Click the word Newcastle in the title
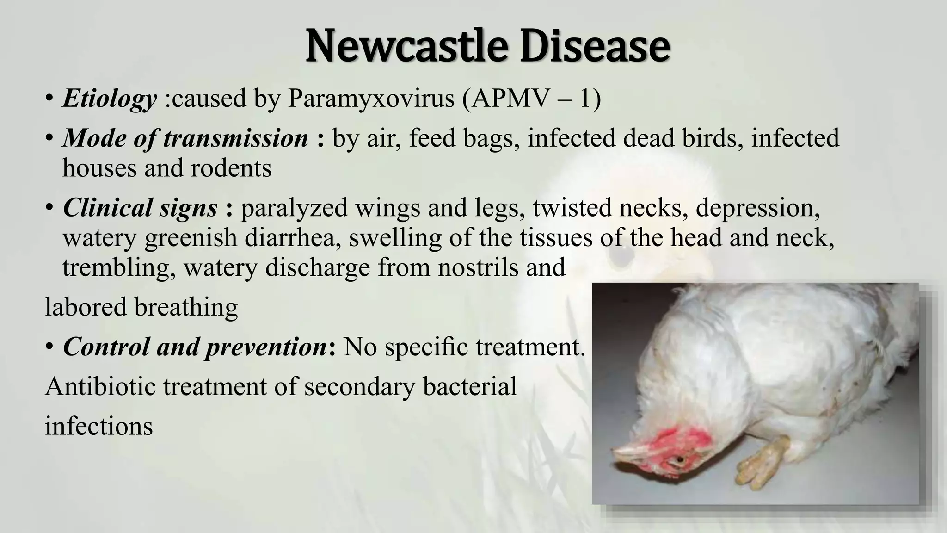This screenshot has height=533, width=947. (407, 47)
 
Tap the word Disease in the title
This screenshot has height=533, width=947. (595, 47)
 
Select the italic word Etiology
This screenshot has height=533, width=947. (110, 99)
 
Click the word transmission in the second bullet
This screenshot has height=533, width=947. (236, 138)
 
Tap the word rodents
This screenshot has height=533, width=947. (231, 168)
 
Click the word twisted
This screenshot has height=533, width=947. (572, 208)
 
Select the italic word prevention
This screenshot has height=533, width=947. (265, 347)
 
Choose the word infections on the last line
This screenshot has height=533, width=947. (98, 426)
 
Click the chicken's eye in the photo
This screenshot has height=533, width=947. (680, 460)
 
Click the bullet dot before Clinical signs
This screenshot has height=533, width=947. (49, 208)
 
